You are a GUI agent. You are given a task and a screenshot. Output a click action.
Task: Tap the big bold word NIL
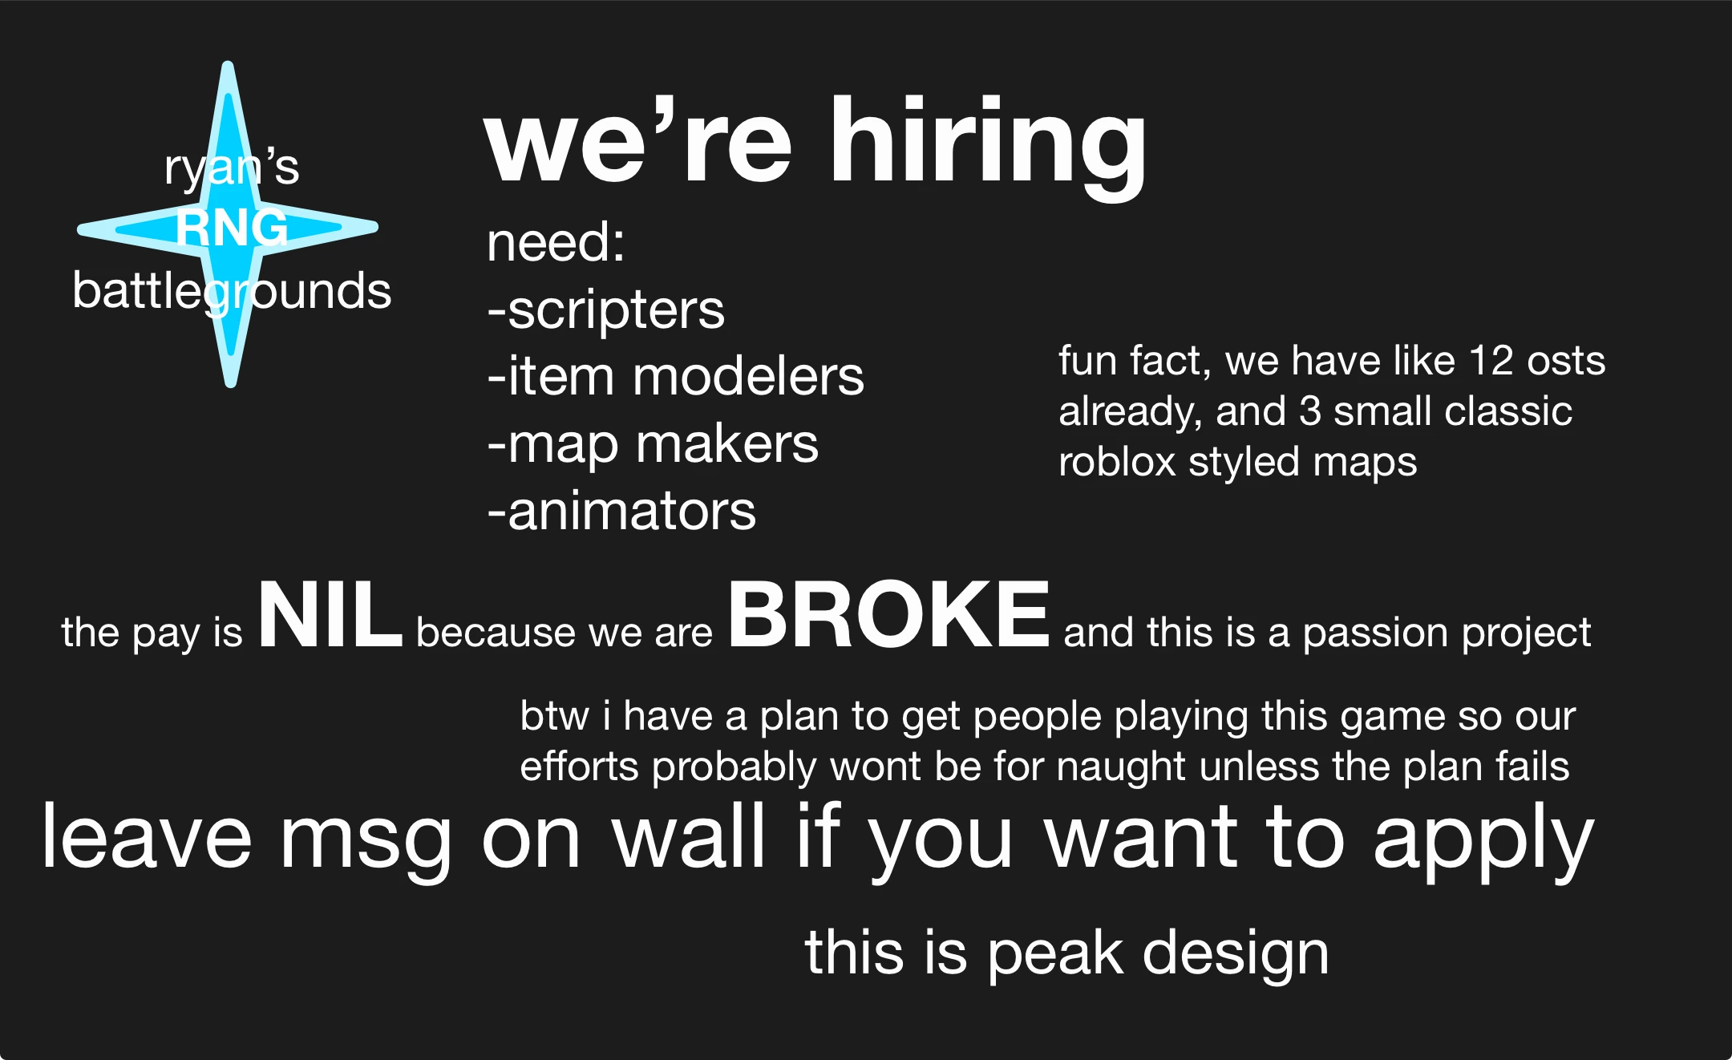click(330, 616)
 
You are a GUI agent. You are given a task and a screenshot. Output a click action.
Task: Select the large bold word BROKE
click(888, 616)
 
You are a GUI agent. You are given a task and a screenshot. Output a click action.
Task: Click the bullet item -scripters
click(606, 310)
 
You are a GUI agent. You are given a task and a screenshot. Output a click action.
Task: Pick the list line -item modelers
click(676, 377)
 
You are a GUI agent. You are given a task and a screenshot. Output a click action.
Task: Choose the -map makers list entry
click(654, 444)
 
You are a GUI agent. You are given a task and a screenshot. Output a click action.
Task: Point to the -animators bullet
click(622, 512)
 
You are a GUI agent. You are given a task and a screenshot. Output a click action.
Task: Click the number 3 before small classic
click(1309, 411)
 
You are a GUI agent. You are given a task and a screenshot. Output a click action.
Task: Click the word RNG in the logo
click(232, 228)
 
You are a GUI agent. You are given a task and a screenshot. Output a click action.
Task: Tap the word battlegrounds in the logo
click(232, 290)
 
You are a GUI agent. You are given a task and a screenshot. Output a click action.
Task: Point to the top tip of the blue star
click(228, 67)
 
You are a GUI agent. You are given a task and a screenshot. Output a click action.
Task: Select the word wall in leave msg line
click(689, 837)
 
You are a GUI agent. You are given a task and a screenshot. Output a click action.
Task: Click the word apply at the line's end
click(1483, 839)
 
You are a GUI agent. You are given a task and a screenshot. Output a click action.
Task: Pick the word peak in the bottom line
click(1054, 953)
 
